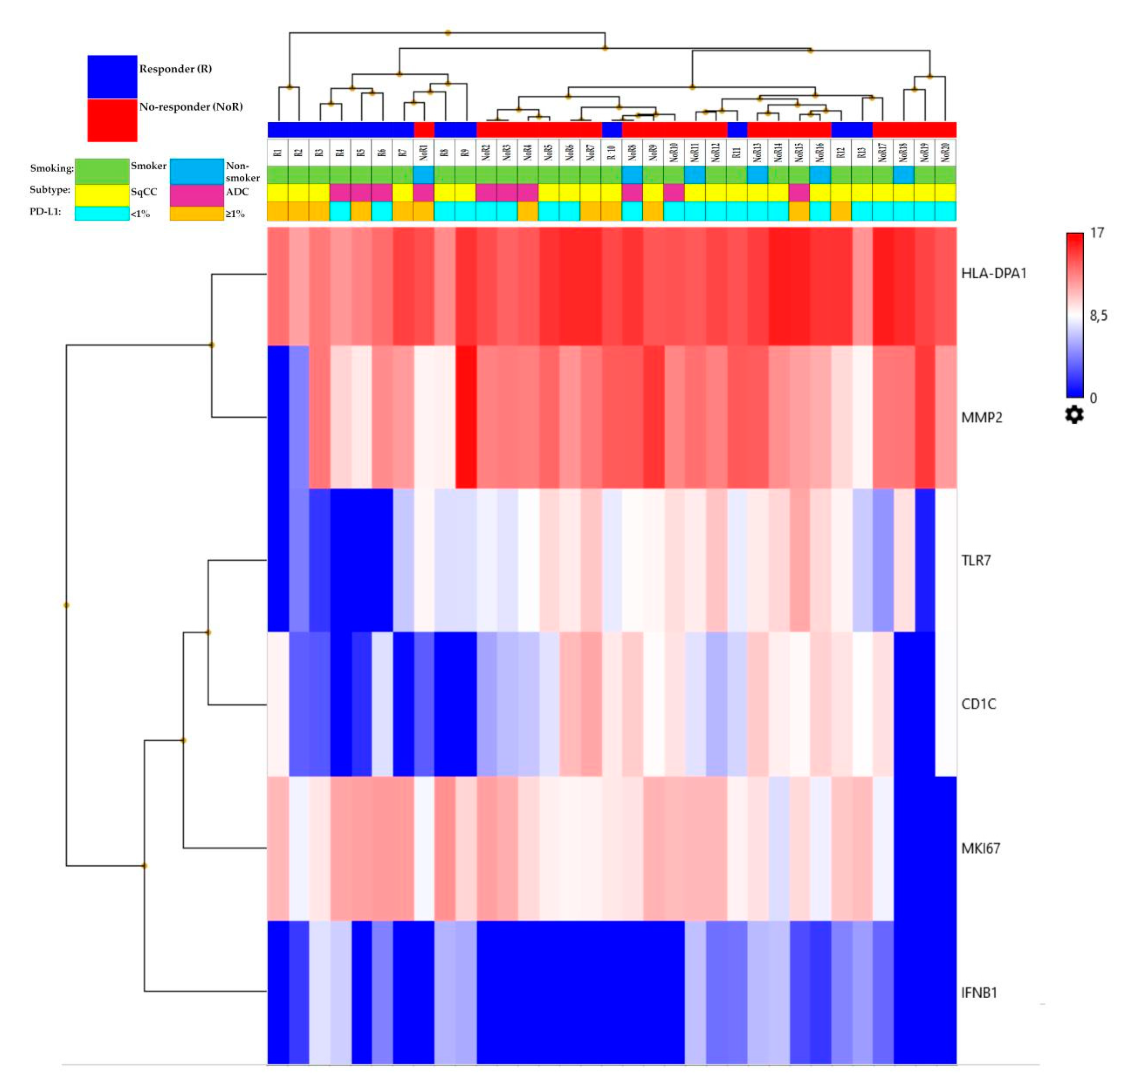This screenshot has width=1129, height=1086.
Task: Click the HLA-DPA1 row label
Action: pyautogui.click(x=994, y=273)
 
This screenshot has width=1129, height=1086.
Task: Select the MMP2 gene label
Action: pyautogui.click(x=981, y=417)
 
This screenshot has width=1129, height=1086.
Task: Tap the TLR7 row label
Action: pyautogui.click(x=976, y=561)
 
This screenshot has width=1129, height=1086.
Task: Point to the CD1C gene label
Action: pyautogui.click(x=978, y=704)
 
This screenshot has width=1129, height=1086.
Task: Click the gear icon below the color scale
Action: pyautogui.click(x=1074, y=415)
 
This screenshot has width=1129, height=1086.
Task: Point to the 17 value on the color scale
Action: pyautogui.click(x=1097, y=233)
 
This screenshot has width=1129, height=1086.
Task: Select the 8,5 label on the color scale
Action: pyautogui.click(x=1098, y=316)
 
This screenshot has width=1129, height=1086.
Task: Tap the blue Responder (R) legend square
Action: pyautogui.click(x=112, y=76)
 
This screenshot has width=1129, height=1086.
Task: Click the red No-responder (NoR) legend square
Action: pyautogui.click(x=112, y=120)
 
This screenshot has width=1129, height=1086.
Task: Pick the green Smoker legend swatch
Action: pyautogui.click(x=102, y=171)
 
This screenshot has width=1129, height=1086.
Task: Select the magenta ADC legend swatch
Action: pyautogui.click(x=196, y=195)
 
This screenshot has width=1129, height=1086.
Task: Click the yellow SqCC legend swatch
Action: pyautogui.click(x=102, y=195)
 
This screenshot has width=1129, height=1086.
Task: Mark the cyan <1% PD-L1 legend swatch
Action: pyautogui.click(x=102, y=213)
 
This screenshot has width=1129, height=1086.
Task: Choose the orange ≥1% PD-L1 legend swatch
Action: pyautogui.click(x=196, y=213)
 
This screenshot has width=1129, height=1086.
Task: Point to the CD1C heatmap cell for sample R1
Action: pyautogui.click(x=278, y=704)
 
